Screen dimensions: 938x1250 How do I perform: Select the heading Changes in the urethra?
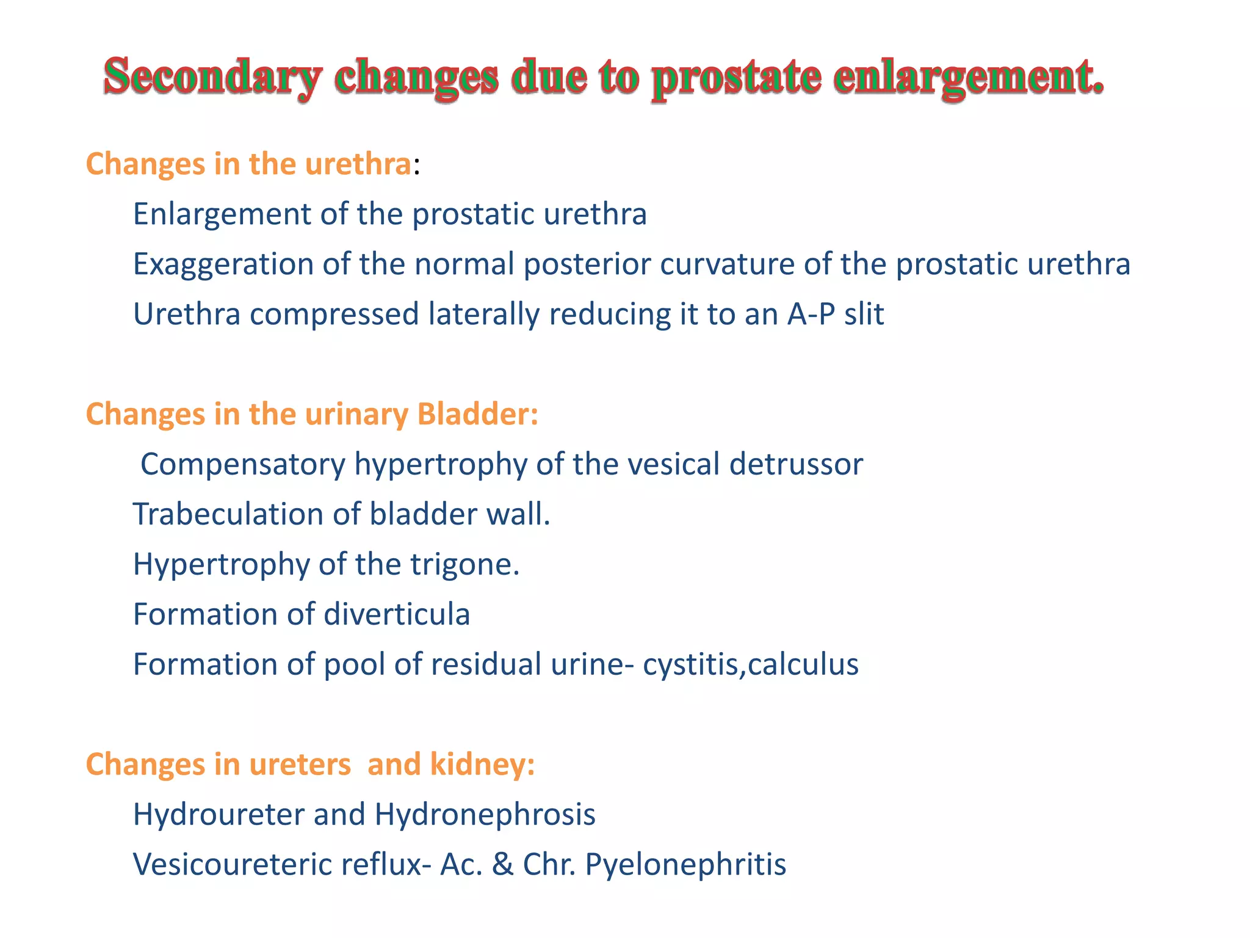pyautogui.click(x=248, y=164)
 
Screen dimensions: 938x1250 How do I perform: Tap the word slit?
pyautogui.click(x=864, y=314)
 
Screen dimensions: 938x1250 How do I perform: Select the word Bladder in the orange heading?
pyautogui.click(x=477, y=414)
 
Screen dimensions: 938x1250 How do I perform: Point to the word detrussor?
pyautogui.click(x=796, y=465)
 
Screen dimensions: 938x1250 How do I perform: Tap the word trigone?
pyautogui.click(x=464, y=564)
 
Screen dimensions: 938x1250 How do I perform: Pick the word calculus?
pyautogui.click(x=803, y=664)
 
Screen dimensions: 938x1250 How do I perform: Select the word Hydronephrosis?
pyautogui.click(x=485, y=815)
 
